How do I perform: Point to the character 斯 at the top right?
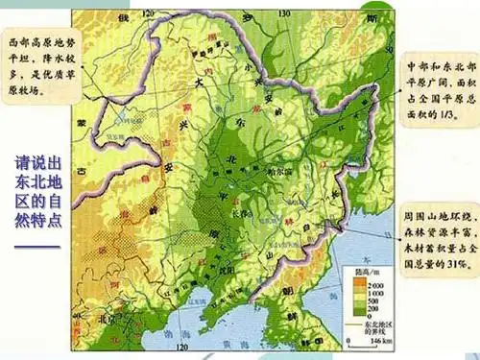coord(372,19)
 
